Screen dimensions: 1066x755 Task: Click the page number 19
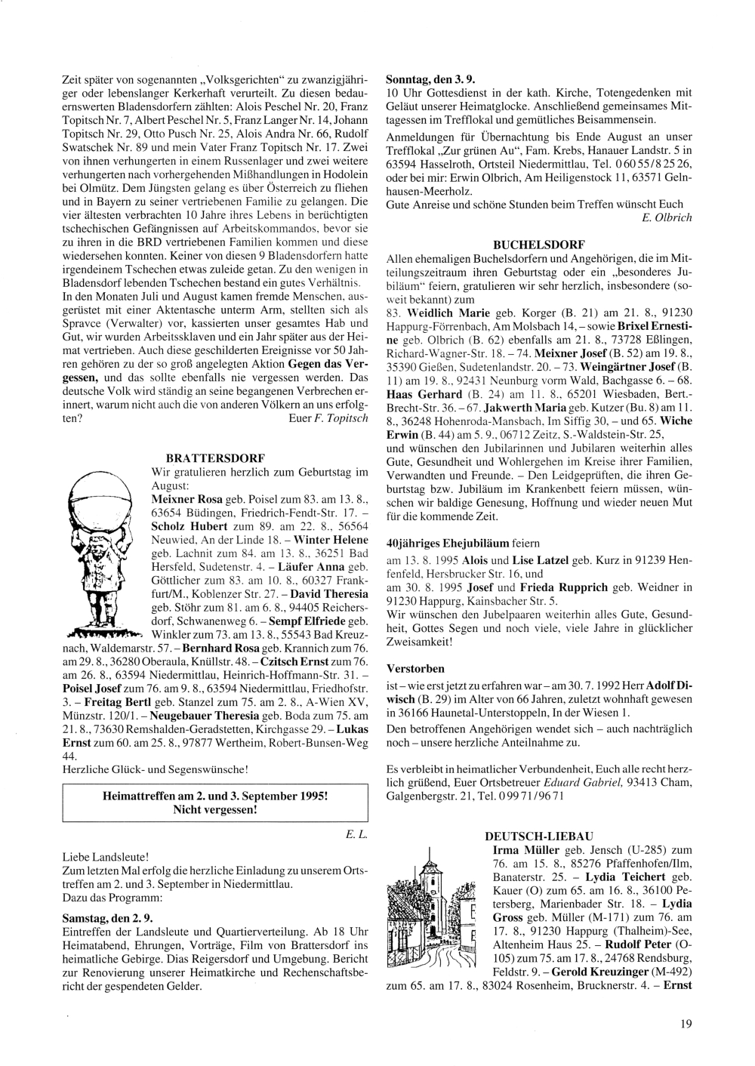[685, 1024]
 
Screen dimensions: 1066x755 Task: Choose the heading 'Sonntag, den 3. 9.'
[430, 79]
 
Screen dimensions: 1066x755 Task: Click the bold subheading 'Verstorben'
[415, 669]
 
